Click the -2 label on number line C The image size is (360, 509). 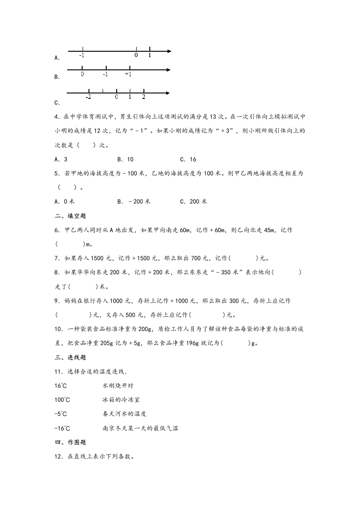[89, 97]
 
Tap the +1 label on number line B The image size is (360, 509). [128, 74]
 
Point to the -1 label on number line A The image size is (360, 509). [81, 55]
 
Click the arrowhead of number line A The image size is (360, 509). [169, 51]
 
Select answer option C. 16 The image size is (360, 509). [188, 159]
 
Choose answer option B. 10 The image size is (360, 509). [125, 159]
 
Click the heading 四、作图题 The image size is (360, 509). [70, 442]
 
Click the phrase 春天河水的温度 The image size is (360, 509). [124, 414]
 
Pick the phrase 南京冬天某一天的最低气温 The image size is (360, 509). [140, 428]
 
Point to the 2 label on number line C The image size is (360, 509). [143, 97]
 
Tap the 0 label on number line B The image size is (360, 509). [82, 74]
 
